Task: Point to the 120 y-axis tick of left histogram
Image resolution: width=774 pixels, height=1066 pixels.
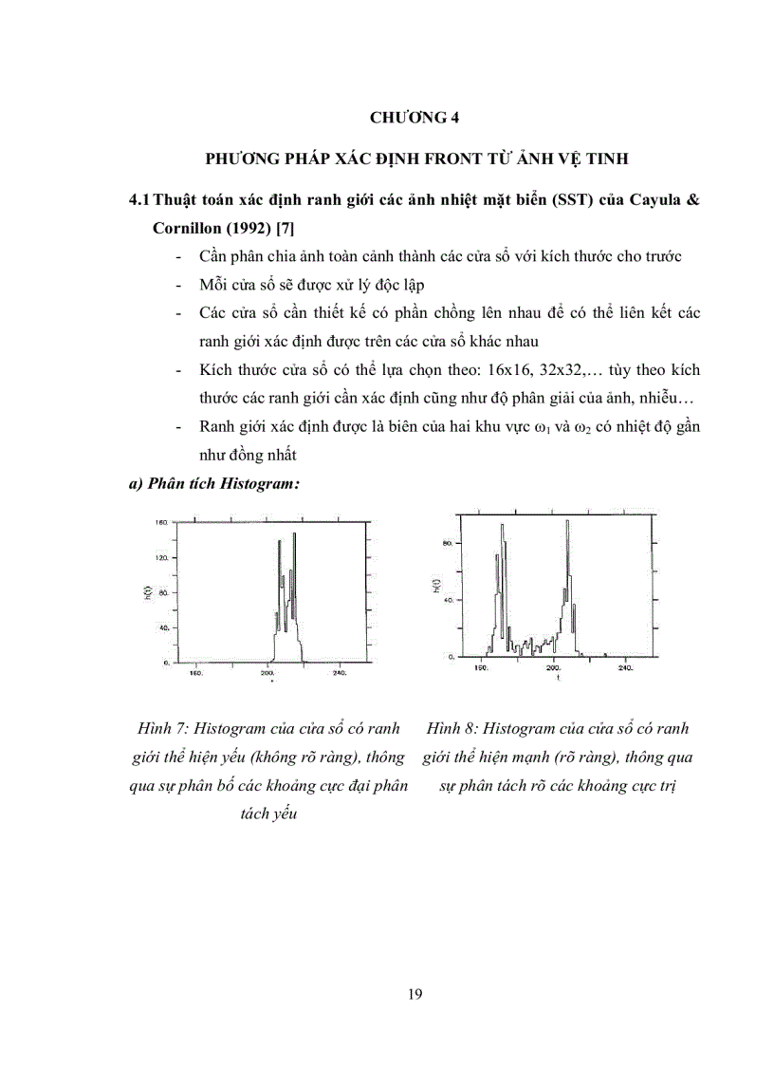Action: pos(160,558)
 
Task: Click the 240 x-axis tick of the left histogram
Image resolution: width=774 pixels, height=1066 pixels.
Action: pos(340,673)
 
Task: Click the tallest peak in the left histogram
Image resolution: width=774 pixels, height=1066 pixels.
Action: pos(294,537)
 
